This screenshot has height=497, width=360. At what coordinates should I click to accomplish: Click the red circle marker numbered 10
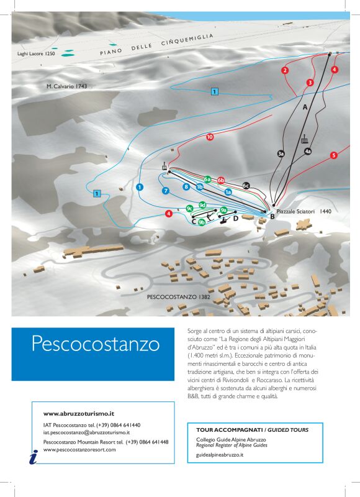(x=210, y=137)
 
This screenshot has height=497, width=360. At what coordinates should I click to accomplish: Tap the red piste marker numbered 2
(x=285, y=70)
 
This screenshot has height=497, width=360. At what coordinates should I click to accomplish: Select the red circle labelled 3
(x=310, y=82)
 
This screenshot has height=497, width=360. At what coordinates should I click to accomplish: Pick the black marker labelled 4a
(x=307, y=151)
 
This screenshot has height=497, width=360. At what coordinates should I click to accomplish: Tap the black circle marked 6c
(x=246, y=185)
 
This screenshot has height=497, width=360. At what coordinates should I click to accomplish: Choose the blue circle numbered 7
(x=166, y=191)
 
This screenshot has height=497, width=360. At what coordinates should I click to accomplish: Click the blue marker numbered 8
(x=186, y=186)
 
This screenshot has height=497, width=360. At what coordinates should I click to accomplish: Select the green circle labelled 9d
(x=202, y=205)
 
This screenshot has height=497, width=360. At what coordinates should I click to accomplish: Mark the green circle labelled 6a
(x=207, y=180)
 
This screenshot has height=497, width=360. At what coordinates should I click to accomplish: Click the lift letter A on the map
(x=305, y=107)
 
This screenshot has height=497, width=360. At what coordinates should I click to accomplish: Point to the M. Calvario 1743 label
(x=66, y=86)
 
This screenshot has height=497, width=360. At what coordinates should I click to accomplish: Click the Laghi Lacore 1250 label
(x=36, y=54)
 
